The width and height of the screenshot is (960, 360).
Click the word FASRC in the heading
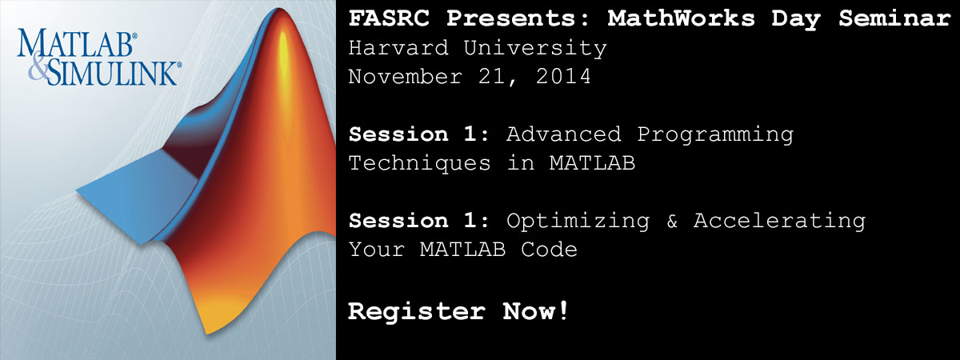pos(389,19)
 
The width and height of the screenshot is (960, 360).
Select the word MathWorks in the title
pos(682,19)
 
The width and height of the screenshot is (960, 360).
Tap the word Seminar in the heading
pos(895,19)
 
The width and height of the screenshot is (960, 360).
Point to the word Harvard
pos(398,48)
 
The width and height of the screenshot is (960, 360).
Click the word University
pos(536,49)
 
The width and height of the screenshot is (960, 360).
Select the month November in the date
pos(406,77)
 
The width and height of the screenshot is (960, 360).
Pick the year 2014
pos(563,77)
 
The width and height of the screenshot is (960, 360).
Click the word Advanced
pos(564,134)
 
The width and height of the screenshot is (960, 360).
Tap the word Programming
pos(715,135)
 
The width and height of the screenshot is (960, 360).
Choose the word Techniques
pos(420,164)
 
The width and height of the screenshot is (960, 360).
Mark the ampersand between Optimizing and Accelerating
pos(672,221)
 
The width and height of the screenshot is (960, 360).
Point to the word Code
pos(550,250)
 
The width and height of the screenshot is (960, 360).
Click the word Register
pos(417,312)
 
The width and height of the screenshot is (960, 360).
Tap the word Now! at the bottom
pos(536,310)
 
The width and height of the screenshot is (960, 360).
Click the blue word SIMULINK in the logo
pos(113,74)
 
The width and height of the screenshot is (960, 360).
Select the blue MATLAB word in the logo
pos(75,43)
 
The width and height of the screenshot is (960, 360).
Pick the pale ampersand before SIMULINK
pos(38,68)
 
